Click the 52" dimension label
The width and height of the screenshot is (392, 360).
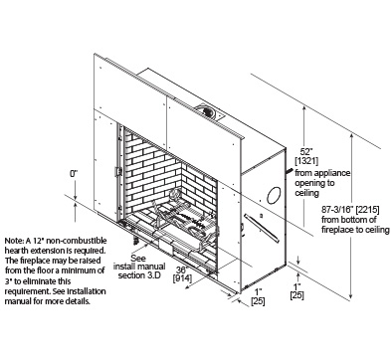(x=306, y=152)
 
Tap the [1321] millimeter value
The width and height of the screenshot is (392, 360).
(x=306, y=161)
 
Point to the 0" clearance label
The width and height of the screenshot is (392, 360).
(x=74, y=173)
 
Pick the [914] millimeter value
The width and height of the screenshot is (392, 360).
(x=182, y=278)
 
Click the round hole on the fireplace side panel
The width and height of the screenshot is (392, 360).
(x=274, y=195)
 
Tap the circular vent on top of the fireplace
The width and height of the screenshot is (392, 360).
(x=206, y=111)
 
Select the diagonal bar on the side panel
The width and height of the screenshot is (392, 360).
(x=262, y=228)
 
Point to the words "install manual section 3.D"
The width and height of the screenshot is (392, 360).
(x=139, y=270)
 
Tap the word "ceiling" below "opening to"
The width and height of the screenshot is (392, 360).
(x=306, y=193)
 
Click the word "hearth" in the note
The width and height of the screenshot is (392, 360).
(x=16, y=251)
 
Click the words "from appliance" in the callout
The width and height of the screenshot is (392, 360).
(x=322, y=173)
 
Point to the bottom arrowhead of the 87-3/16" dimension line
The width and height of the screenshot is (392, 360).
(x=352, y=296)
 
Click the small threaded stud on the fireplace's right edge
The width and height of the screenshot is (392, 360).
(x=289, y=171)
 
